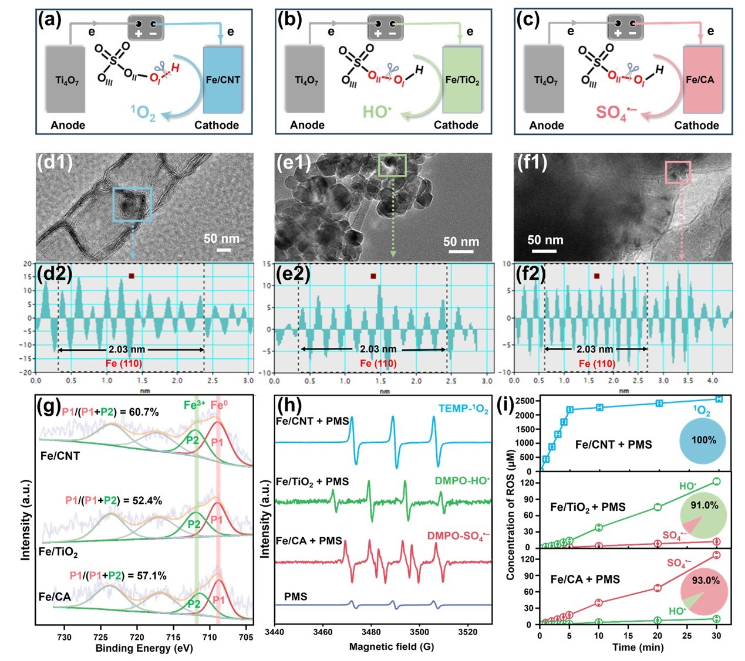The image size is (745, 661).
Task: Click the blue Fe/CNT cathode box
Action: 223,80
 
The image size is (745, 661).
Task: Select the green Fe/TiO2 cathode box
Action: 462,80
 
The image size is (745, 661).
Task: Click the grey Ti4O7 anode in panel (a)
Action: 67,80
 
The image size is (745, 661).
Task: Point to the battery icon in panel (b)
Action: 385,28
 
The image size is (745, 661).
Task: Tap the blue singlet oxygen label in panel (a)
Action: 143,111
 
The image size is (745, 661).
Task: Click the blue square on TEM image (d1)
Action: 132,204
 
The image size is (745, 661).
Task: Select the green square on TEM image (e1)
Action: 392,165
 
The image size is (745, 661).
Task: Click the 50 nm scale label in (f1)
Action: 545,240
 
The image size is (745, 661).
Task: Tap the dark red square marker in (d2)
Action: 132,276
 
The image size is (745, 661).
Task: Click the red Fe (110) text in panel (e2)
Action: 378,363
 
